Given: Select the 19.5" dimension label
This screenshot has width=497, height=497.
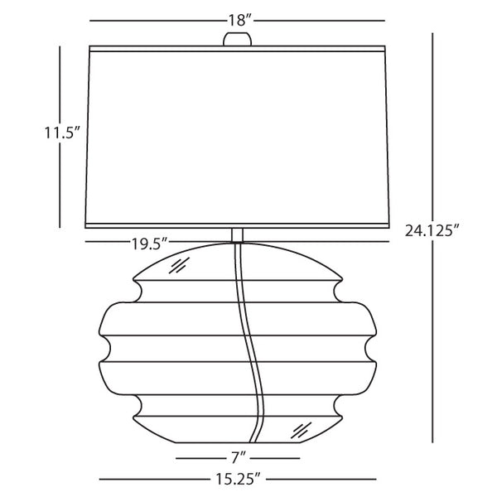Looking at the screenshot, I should [149, 242].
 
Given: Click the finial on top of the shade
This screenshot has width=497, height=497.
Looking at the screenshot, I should [238, 38].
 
